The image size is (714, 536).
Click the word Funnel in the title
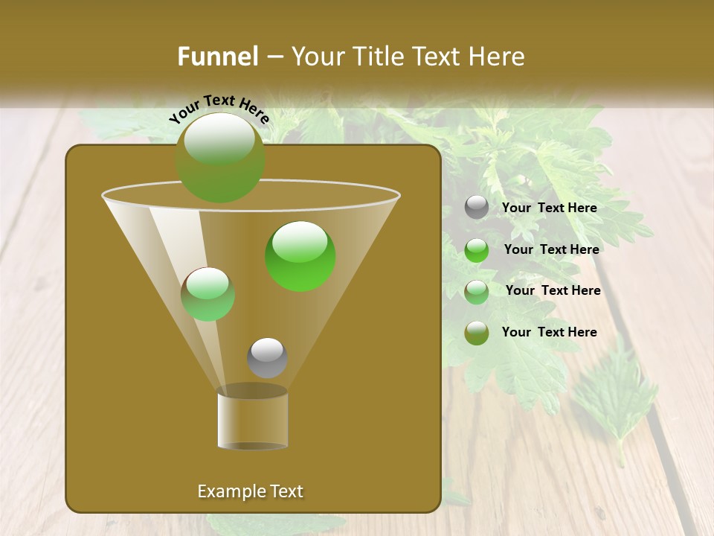pyautogui.click(x=217, y=57)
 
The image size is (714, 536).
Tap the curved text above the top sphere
pyautogui.click(x=219, y=109)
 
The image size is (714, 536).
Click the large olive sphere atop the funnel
pyautogui.click(x=220, y=157)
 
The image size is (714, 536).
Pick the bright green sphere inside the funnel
pyautogui.click(x=300, y=256)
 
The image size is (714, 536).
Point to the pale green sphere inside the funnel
pyautogui.click(x=208, y=294)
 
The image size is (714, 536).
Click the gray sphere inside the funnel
pyautogui.click(x=267, y=358)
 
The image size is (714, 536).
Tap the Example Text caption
pyautogui.click(x=250, y=491)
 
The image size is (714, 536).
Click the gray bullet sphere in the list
pyautogui.click(x=477, y=208)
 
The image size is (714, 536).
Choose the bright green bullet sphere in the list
pyautogui.click(x=477, y=250)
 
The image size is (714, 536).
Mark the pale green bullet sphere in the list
pyautogui.click(x=477, y=291)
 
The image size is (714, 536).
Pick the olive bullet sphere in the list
pyautogui.click(x=477, y=333)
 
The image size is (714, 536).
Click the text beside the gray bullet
pyautogui.click(x=549, y=208)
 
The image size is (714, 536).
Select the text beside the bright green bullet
pyautogui.click(x=551, y=250)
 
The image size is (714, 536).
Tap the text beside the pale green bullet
pyautogui.click(x=553, y=291)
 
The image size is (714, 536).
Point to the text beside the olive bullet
pyautogui.click(x=549, y=332)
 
